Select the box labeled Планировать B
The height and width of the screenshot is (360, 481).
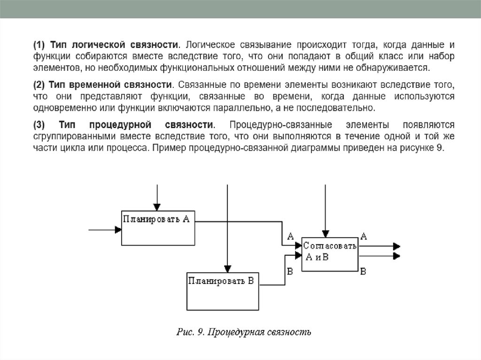223,291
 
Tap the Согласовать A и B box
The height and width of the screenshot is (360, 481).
330,253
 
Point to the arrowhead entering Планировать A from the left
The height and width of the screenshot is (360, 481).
118,230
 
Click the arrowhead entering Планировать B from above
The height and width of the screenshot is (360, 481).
227,269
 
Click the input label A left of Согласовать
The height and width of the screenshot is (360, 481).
290,236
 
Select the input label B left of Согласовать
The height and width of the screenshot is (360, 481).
290,271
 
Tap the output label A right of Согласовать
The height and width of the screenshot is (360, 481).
363,236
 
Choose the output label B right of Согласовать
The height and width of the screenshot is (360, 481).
363,271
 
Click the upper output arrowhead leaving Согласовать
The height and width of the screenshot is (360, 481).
396,246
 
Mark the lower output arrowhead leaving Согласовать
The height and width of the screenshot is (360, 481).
396,256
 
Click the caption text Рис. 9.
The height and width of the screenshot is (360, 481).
189,333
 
